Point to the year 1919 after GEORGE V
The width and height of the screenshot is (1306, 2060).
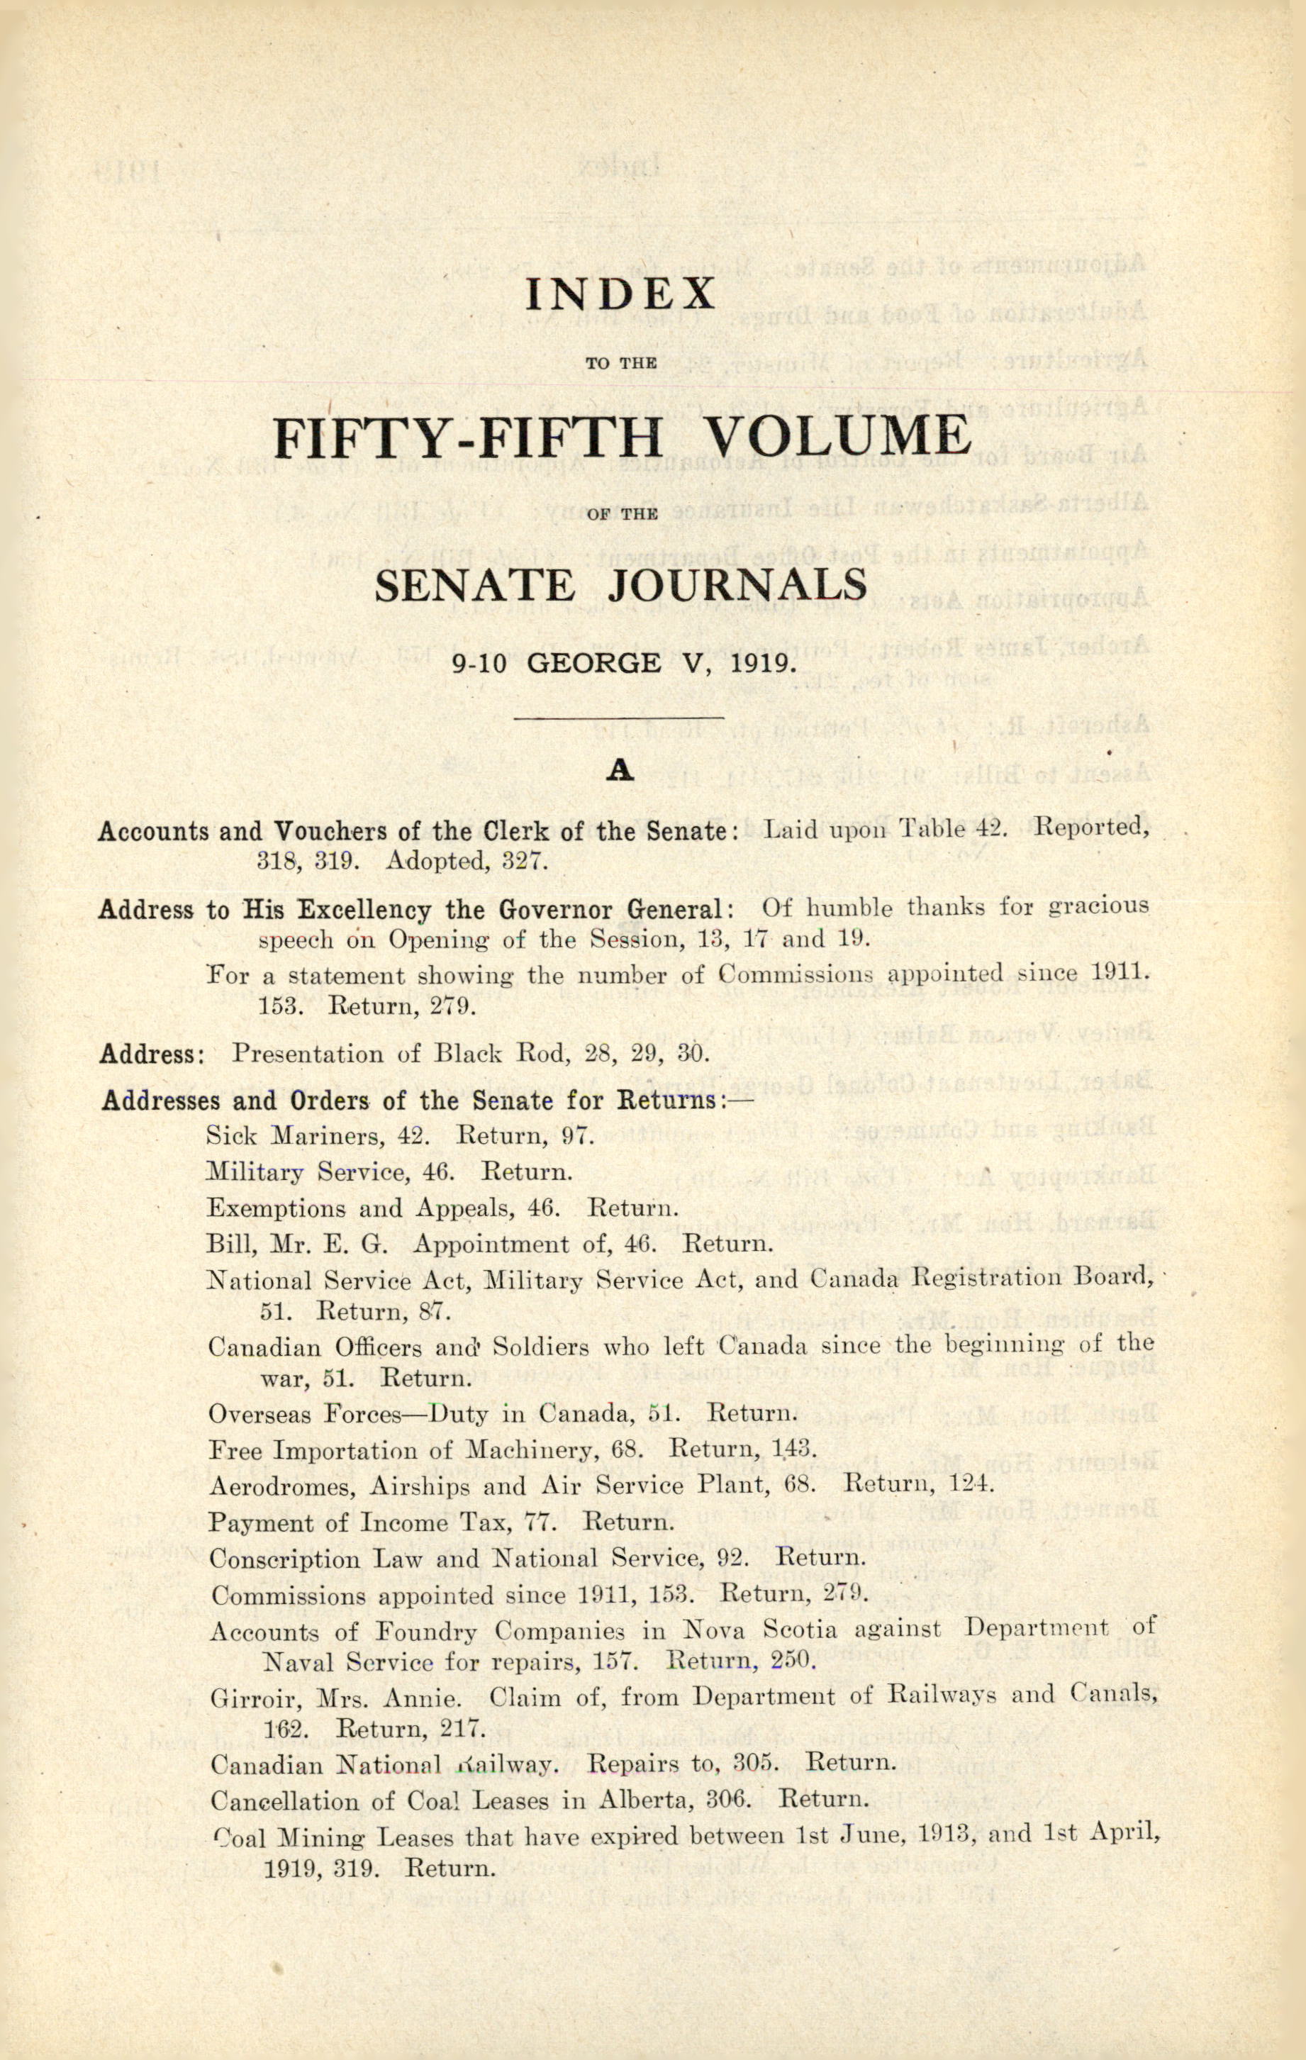tap(759, 664)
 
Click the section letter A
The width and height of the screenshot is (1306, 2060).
tap(619, 772)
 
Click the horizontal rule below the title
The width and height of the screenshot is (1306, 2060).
tap(618, 717)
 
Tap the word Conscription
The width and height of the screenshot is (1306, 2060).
tap(285, 1559)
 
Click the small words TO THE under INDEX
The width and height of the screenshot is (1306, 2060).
tap(621, 363)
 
